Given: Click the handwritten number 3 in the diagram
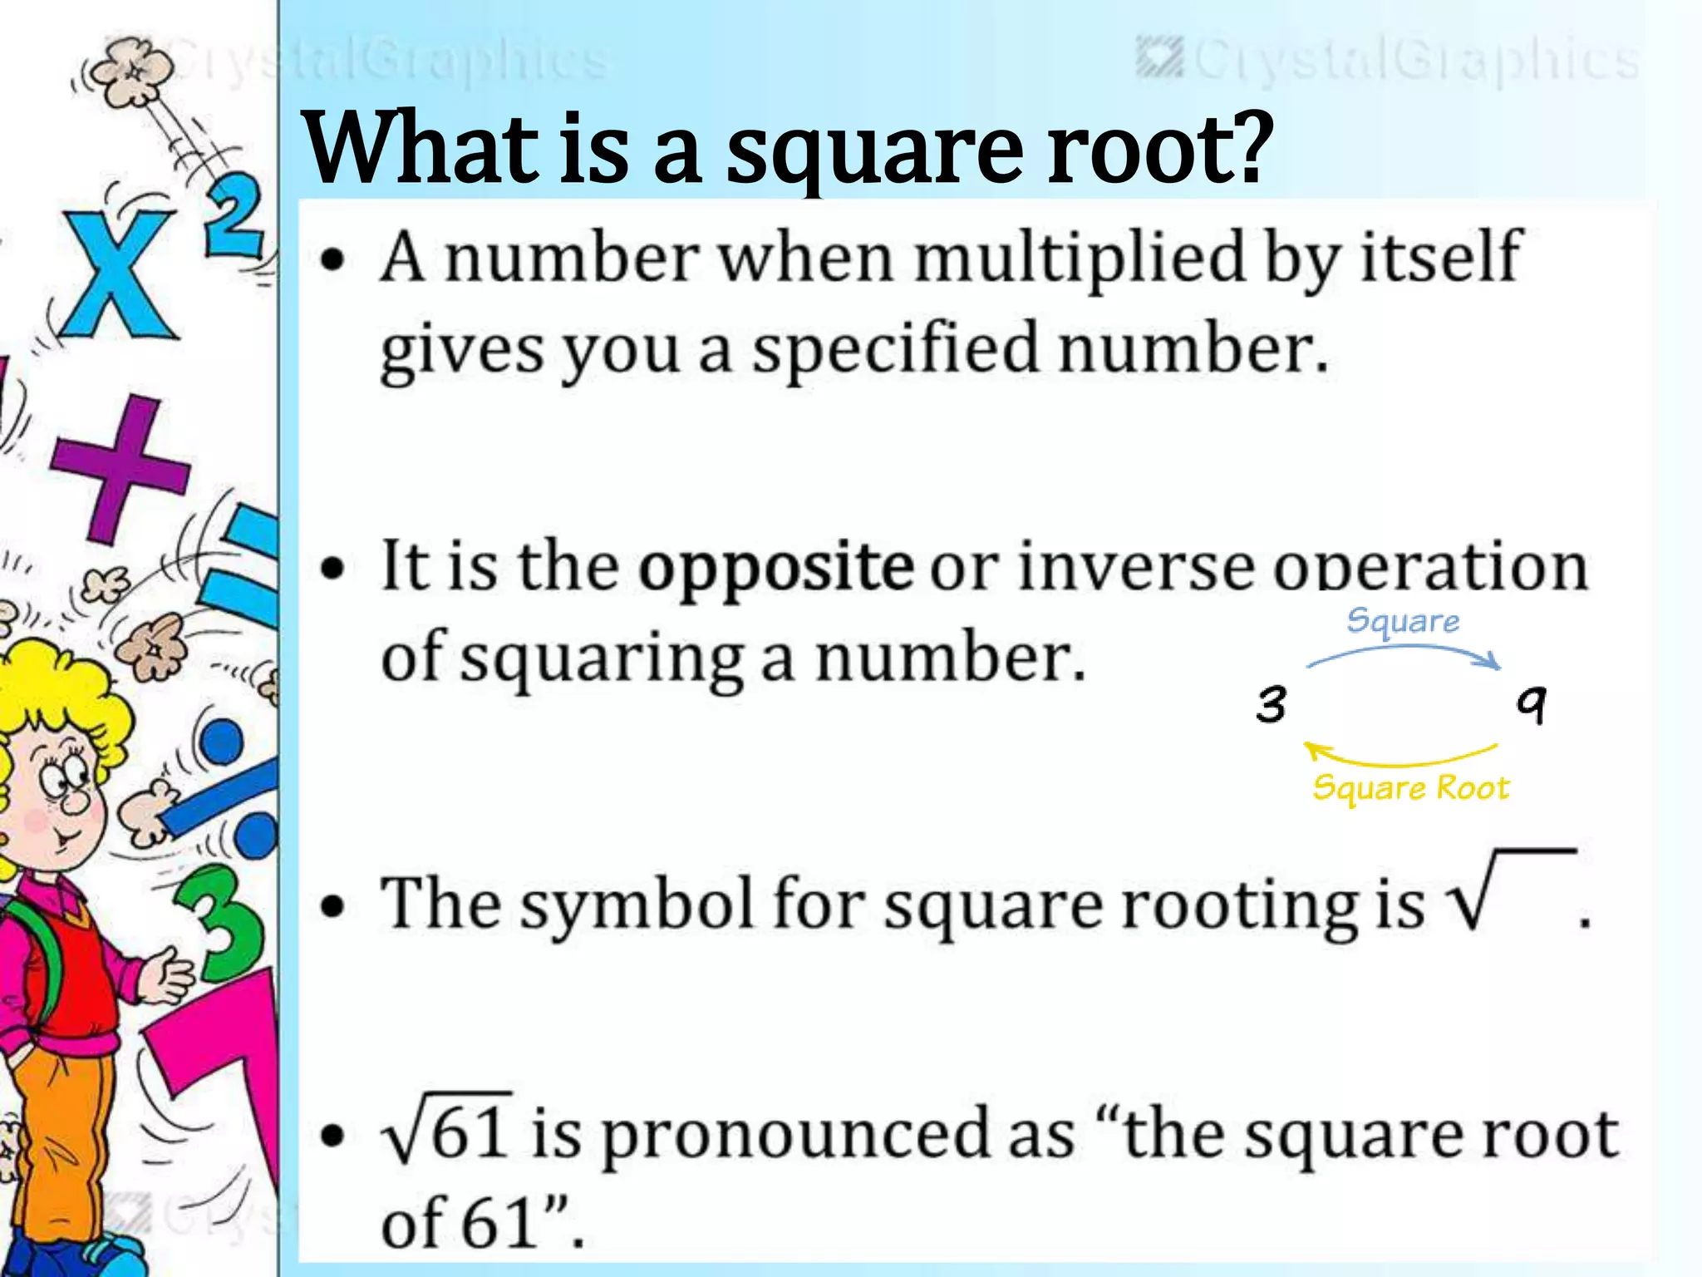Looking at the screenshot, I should point(1272,705).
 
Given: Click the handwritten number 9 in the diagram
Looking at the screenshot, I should point(1532,705).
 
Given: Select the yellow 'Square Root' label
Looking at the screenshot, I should point(1410,788).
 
